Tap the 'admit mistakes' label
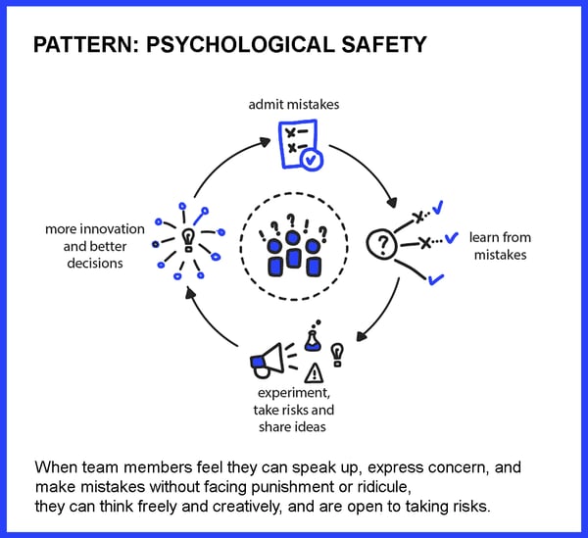pyautogui.click(x=294, y=105)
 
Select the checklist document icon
pyautogui.click(x=298, y=144)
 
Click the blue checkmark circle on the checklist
pyautogui.click(x=312, y=160)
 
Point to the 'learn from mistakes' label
pyautogui.click(x=500, y=246)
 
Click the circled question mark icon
pyautogui.click(x=381, y=244)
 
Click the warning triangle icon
pyautogui.click(x=314, y=373)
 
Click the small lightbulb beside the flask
pyautogui.click(x=337, y=355)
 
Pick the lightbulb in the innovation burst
pyautogui.click(x=188, y=240)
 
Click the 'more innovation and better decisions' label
pyautogui.click(x=95, y=246)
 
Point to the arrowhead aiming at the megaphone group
pyautogui.click(x=361, y=336)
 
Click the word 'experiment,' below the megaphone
pyautogui.click(x=294, y=393)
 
